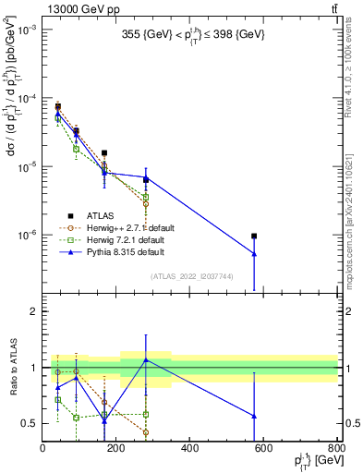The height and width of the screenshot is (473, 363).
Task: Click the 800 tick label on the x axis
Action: click(336, 449)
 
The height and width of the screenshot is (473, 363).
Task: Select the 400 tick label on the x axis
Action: click(189, 449)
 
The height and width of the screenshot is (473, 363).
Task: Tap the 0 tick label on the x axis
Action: click(42, 449)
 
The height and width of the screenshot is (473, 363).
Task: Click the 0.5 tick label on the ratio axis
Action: click(29, 423)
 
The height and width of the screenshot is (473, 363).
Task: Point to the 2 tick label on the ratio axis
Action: click(33, 311)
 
